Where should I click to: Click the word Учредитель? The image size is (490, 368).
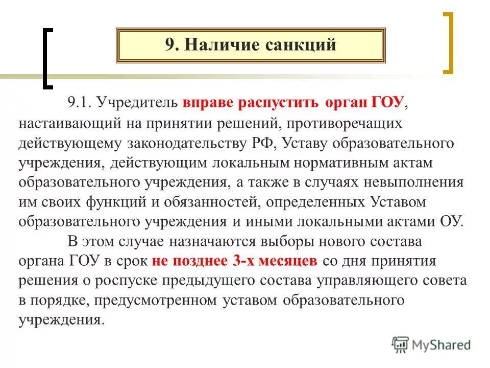136,103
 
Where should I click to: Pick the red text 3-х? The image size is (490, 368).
245,261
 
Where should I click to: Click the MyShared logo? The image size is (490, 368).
432,344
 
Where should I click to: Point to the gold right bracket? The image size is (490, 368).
448,43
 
